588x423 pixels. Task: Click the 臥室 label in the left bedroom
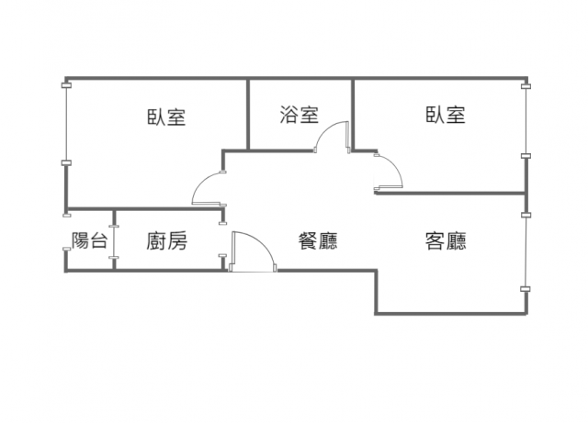166,117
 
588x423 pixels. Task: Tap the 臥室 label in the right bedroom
445,115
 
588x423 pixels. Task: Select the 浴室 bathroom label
300,115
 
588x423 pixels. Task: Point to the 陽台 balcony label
89,241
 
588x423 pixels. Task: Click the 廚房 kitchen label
166,241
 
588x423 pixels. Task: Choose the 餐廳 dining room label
317,241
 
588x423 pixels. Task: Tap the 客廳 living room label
445,241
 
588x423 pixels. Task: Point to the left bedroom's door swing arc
205,188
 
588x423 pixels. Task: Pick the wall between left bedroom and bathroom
248,114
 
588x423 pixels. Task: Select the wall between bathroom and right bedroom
354,114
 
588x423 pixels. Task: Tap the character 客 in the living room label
435,241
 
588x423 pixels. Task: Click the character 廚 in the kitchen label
156,241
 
